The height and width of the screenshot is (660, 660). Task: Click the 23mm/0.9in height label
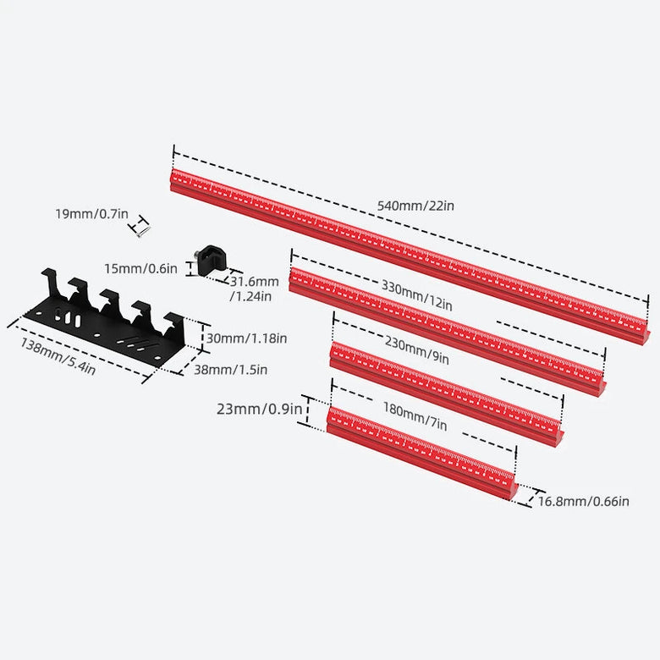point(259,410)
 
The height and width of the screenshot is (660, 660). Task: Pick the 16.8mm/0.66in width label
point(584,502)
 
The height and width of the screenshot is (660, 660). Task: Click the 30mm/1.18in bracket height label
point(246,338)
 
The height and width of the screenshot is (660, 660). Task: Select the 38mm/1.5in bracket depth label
point(234,369)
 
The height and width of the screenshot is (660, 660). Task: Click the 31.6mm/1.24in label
point(254,289)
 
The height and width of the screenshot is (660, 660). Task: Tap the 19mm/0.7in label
point(91,214)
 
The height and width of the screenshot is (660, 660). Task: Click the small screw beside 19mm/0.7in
point(143,225)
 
